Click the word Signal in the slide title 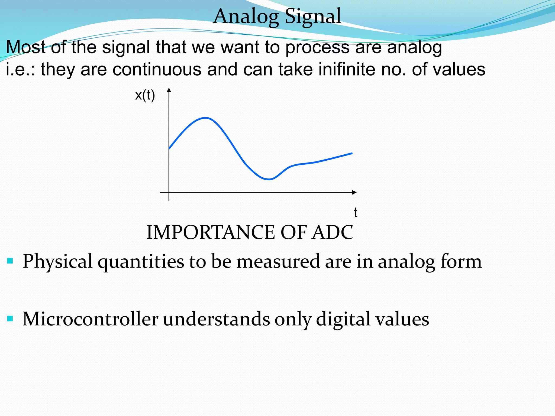pos(313,16)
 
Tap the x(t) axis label pos(145,95)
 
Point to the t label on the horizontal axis pos(355,212)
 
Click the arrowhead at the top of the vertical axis pos(169,90)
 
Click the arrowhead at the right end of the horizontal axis pos(354,192)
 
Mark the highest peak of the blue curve pos(206,118)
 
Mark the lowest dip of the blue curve pos(269,179)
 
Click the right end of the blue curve pos(352,153)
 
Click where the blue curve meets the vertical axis pos(169,148)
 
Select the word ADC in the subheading pos(332,232)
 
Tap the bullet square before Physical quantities pos(10,261)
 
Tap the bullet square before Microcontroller pos(10,318)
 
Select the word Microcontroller pos(90,319)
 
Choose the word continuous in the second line pos(157,69)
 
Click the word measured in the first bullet pos(278,262)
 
